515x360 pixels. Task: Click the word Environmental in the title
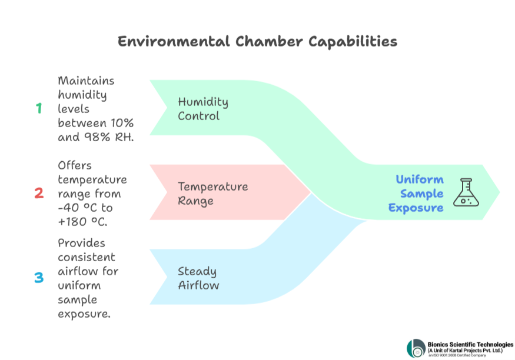point(174,42)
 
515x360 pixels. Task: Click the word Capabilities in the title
point(353,42)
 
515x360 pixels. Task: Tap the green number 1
point(39,108)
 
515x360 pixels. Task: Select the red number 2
point(39,193)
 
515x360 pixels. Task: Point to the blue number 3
point(39,278)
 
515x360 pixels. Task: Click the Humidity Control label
point(203,109)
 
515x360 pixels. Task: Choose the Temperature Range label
point(213,194)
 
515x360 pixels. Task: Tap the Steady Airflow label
point(198,278)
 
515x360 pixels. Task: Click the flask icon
point(466,192)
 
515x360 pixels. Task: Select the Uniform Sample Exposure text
point(416,194)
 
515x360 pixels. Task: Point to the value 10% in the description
point(122,123)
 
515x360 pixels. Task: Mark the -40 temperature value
point(68,208)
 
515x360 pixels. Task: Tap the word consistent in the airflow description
point(87,257)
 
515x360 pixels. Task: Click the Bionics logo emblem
point(416,348)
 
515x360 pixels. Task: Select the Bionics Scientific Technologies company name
point(470,345)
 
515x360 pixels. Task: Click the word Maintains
point(86,81)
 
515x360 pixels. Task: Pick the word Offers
point(75,165)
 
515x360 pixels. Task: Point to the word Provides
point(81,243)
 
